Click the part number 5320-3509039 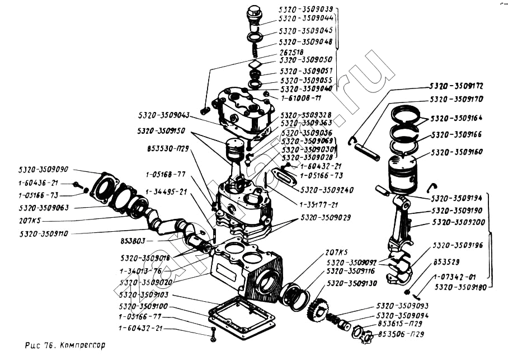click(305, 10)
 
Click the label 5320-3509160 click(457, 151)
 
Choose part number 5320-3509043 click(163, 115)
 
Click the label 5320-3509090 click(43, 169)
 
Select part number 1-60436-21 click(37, 183)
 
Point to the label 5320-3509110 click(43, 233)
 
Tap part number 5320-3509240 click(327, 190)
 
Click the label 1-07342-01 click(454, 277)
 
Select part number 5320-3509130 click(352, 284)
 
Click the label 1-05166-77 click(140, 317)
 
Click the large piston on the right click(403, 173)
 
